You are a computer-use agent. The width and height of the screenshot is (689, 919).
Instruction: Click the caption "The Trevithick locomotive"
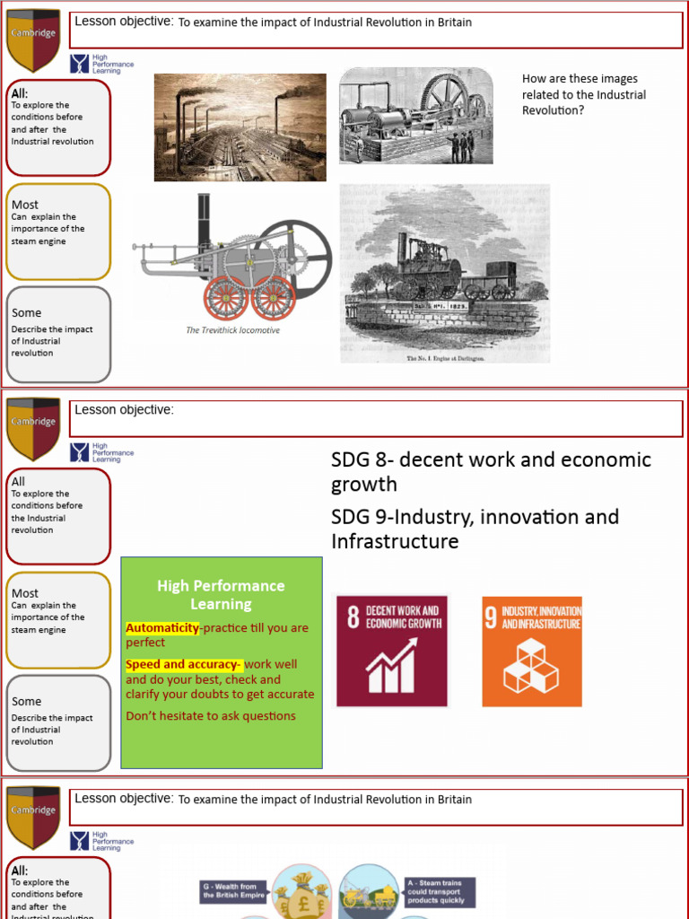click(233, 330)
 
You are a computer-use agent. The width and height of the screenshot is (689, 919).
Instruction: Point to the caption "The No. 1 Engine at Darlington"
click(445, 358)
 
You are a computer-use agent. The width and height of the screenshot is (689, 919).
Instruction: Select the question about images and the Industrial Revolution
click(584, 94)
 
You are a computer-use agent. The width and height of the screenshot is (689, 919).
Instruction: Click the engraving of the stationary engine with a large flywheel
click(415, 117)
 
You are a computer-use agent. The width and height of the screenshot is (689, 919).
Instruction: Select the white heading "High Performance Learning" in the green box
click(221, 594)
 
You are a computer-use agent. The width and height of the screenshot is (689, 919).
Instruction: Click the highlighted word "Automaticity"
click(161, 628)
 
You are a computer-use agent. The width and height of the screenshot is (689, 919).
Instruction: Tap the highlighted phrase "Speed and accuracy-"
click(184, 665)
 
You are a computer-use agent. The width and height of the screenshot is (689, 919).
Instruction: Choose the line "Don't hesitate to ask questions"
click(211, 716)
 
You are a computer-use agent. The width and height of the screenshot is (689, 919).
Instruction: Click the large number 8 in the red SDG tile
click(353, 617)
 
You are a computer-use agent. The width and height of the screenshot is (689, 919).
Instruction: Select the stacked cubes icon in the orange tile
click(530, 666)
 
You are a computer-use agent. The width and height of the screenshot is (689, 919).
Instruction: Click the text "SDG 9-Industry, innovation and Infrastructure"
click(475, 529)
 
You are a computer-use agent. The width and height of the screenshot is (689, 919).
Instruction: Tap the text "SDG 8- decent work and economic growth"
click(491, 471)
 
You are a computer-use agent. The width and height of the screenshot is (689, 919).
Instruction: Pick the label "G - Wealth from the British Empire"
click(233, 890)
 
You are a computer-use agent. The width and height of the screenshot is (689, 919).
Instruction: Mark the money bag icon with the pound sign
click(301, 891)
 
